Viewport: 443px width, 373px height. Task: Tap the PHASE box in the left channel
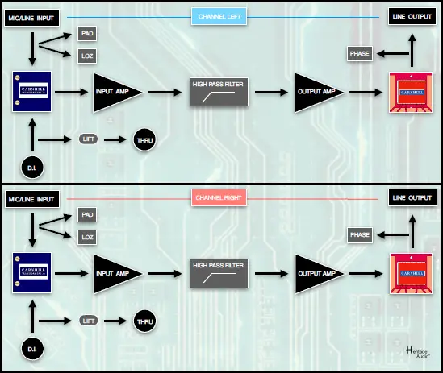[x=360, y=54]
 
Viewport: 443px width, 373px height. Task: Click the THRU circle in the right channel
[x=144, y=321]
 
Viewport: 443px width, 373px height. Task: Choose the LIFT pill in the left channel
[x=89, y=139]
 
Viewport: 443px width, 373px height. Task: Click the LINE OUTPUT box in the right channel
[x=410, y=197]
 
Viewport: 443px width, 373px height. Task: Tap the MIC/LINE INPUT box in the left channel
[x=31, y=17]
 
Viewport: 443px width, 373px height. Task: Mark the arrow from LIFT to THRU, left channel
[x=115, y=139]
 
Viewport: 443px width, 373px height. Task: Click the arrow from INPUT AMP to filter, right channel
[x=166, y=272]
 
